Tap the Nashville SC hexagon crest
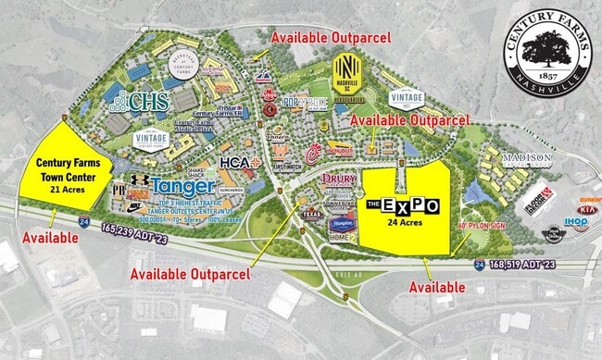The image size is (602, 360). pyautogui.click(x=345, y=71)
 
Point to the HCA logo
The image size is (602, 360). pyautogui.click(x=236, y=163)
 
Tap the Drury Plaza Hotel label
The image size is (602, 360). pyautogui.click(x=339, y=182)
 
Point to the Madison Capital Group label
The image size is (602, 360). pyautogui.click(x=527, y=158)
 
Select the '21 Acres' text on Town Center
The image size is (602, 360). pyautogui.click(x=68, y=190)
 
